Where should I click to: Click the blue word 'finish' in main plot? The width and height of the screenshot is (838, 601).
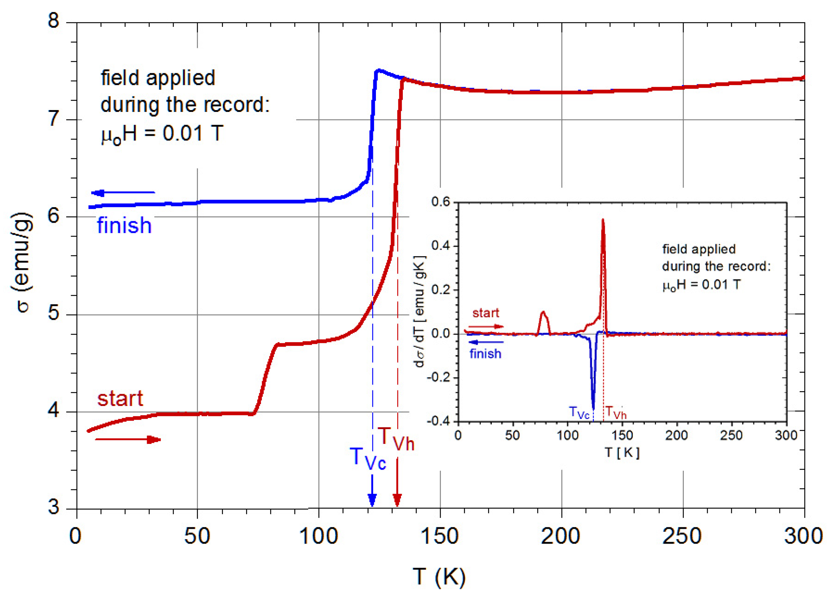pos(124,226)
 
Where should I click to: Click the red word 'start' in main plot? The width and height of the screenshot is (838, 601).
pos(120,399)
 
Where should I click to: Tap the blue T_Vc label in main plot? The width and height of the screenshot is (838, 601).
pos(367,458)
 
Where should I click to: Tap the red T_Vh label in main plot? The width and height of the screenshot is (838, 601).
pos(396,439)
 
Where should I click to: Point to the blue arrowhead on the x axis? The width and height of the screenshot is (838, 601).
pos(372,500)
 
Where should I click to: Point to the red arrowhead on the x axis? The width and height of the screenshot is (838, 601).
pos(397,500)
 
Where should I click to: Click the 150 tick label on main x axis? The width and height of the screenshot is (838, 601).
pos(440,536)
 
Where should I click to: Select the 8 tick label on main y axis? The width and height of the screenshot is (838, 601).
pos(54,20)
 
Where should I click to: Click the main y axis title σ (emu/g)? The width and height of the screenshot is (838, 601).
pos(22,262)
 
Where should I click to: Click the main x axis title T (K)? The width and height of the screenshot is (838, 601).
pos(439,577)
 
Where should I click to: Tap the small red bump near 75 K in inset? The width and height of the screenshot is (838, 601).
pos(543,314)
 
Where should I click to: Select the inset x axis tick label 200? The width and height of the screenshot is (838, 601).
pos(676,435)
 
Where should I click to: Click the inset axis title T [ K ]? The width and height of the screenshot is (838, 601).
pos(622,452)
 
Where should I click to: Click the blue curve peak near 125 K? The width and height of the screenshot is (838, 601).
pos(378,70)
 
